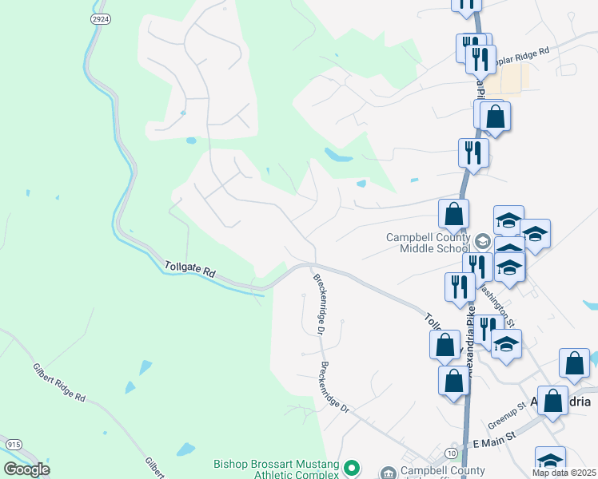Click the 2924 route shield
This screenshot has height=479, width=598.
pyautogui.click(x=100, y=18)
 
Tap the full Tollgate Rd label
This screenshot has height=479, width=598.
pyautogui.click(x=190, y=270)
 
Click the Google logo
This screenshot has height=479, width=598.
pyautogui.click(x=26, y=469)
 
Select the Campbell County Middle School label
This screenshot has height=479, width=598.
pyautogui.click(x=429, y=243)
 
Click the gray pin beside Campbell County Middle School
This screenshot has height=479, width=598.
pyautogui.click(x=482, y=240)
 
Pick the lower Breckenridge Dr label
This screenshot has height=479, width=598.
pyautogui.click(x=335, y=386)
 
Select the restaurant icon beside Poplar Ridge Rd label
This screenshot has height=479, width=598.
pyautogui.click(x=480, y=58)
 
